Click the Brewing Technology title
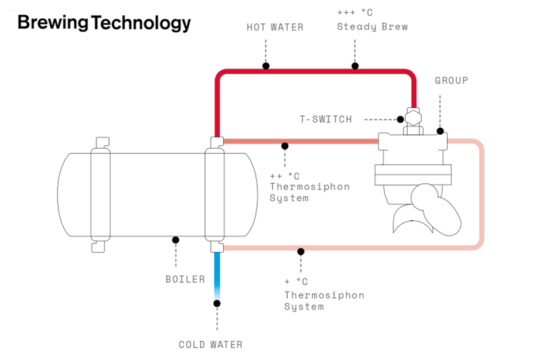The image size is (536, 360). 104,23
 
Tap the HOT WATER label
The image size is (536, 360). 275,28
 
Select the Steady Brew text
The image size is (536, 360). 372,26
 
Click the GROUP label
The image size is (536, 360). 451,80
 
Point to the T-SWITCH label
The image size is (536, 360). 326,119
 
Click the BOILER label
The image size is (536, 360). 185,279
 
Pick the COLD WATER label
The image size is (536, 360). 210,345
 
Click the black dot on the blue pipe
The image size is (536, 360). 217,303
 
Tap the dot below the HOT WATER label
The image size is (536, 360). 266,66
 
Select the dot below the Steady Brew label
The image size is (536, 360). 355,66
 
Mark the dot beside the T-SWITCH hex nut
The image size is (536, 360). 401,119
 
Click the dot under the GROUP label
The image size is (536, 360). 440,131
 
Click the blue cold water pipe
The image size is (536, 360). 217,275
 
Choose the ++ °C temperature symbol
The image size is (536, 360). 284,176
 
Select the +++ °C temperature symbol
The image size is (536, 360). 354,12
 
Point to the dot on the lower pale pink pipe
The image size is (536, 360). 301,251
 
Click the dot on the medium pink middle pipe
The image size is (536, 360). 285,145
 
